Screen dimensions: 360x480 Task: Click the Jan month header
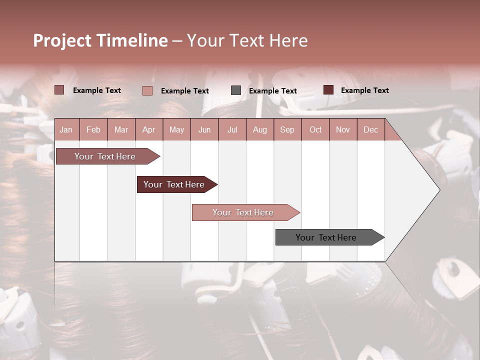(66, 129)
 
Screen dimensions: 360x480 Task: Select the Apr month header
(149, 129)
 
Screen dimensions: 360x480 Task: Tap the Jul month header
(232, 129)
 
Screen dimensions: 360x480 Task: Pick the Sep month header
(287, 129)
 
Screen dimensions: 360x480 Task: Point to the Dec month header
(370, 129)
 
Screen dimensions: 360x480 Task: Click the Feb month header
(93, 129)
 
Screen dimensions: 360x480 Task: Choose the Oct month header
(315, 129)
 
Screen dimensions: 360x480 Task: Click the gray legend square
(236, 90)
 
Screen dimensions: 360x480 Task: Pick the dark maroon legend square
(328, 90)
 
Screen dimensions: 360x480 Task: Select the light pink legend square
(147, 90)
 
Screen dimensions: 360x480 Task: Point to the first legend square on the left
(59, 90)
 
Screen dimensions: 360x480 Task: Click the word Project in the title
(62, 40)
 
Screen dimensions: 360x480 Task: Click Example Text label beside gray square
(272, 91)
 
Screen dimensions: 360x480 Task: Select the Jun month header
(204, 129)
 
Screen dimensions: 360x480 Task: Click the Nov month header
(343, 129)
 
